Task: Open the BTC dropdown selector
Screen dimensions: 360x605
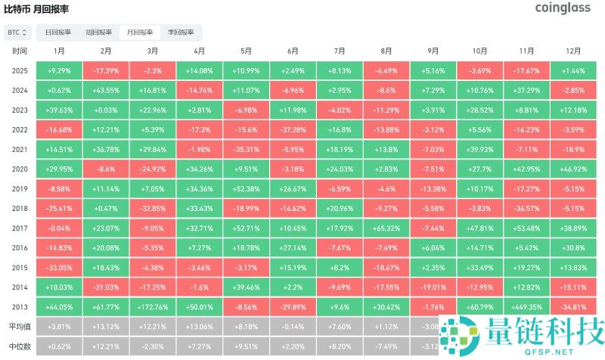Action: (17, 33)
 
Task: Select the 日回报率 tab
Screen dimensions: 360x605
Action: (58, 33)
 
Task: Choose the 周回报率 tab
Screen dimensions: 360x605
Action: (98, 33)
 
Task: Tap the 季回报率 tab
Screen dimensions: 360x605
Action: (181, 33)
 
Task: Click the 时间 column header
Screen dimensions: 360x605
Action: (20, 51)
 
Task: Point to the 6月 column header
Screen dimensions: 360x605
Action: (293, 51)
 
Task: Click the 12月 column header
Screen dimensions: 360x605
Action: (573, 51)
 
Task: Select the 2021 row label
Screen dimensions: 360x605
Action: (20, 149)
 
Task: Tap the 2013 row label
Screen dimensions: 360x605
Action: (20, 307)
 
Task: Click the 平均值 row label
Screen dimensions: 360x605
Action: (20, 327)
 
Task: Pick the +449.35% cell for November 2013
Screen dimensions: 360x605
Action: (526, 307)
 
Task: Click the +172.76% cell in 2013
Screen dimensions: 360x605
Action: (153, 307)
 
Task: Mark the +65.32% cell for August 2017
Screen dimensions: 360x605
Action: (386, 228)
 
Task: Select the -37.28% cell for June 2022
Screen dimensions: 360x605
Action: (293, 129)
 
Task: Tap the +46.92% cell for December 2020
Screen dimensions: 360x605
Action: (573, 169)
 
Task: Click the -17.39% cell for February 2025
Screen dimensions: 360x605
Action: (106, 70)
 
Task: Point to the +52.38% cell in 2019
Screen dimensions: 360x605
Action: (246, 188)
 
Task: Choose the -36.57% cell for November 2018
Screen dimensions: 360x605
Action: (526, 208)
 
